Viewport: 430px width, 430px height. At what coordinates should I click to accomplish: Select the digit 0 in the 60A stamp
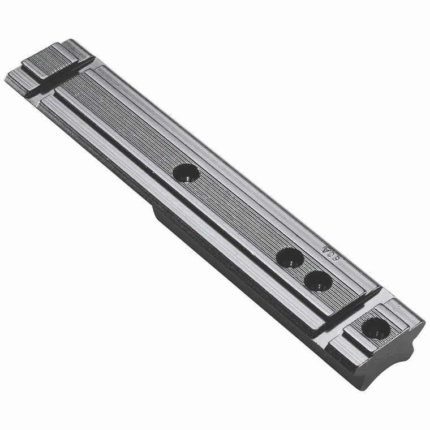[x=330, y=253]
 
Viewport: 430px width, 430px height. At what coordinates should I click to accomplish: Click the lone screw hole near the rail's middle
[x=186, y=173]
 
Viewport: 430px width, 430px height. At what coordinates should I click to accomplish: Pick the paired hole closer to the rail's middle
[x=290, y=258]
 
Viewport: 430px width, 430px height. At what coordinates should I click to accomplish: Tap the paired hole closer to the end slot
[x=317, y=281]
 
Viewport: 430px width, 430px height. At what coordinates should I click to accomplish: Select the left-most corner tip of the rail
[x=5, y=78]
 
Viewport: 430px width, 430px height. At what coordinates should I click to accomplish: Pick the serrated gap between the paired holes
[x=304, y=269]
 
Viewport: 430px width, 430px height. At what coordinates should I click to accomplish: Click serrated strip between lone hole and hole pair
[x=238, y=215]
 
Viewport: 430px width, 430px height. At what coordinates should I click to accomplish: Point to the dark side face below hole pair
[x=249, y=294]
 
